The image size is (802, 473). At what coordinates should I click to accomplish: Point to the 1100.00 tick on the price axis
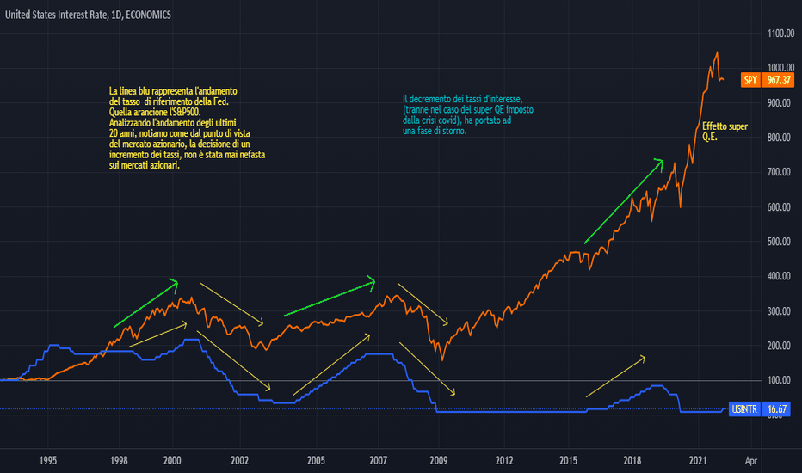point(777,33)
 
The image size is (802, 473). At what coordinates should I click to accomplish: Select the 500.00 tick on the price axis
point(777,242)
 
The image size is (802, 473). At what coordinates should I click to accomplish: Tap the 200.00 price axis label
point(777,346)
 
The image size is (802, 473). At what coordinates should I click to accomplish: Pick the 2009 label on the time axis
point(439,461)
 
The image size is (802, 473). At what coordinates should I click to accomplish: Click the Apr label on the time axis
point(751,461)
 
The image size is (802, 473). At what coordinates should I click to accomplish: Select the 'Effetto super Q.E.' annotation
point(725,132)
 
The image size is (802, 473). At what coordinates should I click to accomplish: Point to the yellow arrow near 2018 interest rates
point(615,376)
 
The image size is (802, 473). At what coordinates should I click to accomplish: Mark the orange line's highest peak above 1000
point(717,52)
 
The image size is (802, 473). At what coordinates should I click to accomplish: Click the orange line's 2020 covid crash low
point(681,206)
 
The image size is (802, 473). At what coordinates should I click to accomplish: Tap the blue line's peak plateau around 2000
point(191,340)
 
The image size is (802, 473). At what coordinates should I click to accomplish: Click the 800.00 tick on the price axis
point(777,138)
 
